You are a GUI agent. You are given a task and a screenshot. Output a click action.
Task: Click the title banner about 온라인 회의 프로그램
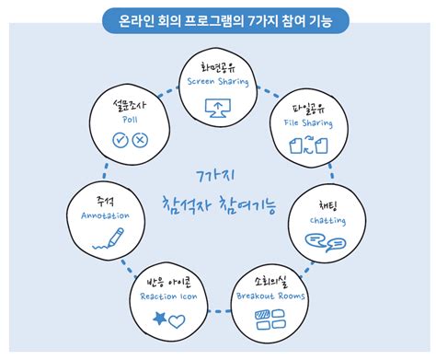217,17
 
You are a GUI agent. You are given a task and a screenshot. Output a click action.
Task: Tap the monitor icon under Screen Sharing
217,107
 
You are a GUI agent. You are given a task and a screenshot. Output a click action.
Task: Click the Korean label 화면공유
217,66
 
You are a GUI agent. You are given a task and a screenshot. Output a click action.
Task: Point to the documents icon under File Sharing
303,145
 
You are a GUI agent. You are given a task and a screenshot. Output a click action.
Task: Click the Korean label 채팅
327,205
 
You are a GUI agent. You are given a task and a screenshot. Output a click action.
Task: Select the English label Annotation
98,215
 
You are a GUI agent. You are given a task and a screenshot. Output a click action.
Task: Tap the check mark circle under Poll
118,140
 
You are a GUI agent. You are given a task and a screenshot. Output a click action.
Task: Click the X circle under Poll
140,140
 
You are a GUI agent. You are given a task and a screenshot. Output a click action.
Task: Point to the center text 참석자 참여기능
217,203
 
